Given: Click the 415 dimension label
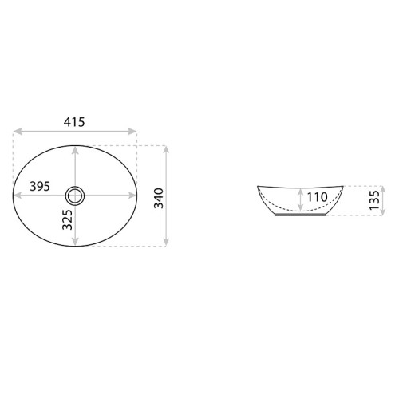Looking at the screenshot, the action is [x=74, y=122].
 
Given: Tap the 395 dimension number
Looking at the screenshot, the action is [x=40, y=186].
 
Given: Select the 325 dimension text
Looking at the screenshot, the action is [x=67, y=219].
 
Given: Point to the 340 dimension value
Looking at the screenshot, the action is [x=159, y=198].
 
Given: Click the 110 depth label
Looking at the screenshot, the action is [x=317, y=197].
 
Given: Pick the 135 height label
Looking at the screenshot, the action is [x=374, y=200].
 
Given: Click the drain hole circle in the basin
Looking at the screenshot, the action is [x=75, y=196].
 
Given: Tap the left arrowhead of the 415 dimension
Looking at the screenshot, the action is [x=18, y=131].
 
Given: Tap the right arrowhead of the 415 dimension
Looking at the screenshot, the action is [x=132, y=131].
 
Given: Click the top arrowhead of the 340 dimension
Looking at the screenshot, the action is [x=166, y=150].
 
